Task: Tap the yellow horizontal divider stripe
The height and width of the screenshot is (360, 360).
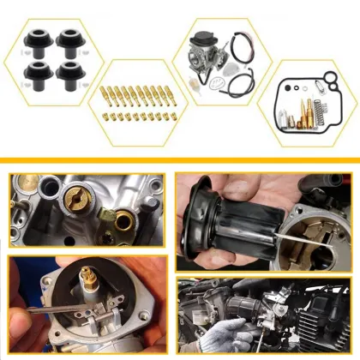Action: [180, 159]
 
